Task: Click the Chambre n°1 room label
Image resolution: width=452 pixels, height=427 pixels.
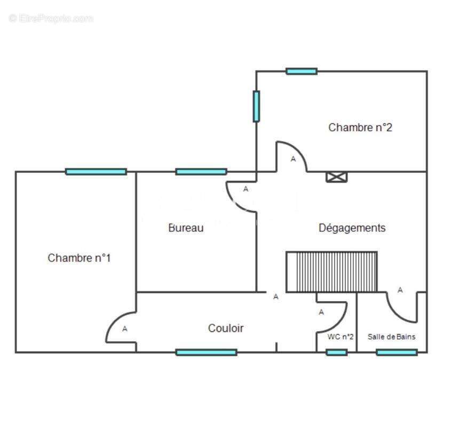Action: (x=80, y=258)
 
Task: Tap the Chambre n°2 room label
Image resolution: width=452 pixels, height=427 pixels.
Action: (x=360, y=128)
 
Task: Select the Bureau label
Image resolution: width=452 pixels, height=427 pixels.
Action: (x=186, y=228)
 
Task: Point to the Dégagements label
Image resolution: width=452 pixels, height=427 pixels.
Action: (x=352, y=228)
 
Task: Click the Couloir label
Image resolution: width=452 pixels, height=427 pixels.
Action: (x=226, y=328)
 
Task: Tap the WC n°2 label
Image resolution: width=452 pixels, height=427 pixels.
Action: (x=340, y=337)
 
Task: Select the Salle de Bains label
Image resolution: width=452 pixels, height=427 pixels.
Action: (x=392, y=337)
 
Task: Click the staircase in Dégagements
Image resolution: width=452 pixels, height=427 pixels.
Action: (x=331, y=272)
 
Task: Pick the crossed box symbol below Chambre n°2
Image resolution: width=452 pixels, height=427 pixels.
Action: (x=336, y=177)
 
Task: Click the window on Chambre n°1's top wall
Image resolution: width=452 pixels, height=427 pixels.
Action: (x=96, y=172)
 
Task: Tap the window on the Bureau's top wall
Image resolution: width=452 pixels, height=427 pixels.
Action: (x=201, y=172)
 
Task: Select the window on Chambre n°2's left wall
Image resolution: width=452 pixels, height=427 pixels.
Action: (x=256, y=106)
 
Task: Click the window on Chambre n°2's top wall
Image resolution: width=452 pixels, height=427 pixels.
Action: (x=302, y=71)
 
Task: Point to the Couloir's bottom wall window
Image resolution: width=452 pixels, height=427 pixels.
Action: (x=207, y=352)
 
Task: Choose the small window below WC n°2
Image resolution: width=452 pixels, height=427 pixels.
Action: (x=337, y=352)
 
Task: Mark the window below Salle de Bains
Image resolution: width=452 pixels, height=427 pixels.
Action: (x=397, y=352)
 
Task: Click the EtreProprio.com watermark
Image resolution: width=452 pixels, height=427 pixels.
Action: (x=51, y=19)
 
